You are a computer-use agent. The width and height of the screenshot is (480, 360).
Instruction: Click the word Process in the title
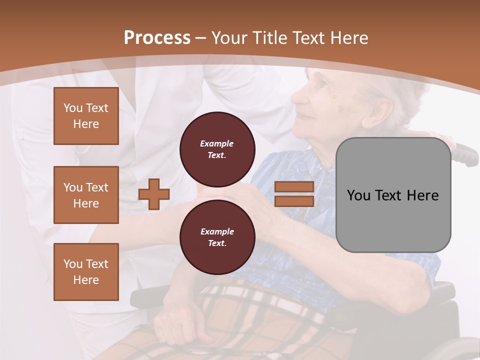(x=157, y=37)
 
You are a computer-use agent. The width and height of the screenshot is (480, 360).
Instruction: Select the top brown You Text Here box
(x=86, y=116)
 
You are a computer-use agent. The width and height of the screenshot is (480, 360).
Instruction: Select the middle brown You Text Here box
(x=86, y=195)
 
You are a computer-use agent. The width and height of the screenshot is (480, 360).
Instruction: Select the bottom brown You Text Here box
(x=86, y=272)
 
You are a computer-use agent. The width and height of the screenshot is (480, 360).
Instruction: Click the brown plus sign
(x=154, y=194)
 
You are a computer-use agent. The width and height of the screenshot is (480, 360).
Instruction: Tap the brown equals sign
(x=294, y=194)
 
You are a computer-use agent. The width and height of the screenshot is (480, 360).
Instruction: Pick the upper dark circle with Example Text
(x=217, y=149)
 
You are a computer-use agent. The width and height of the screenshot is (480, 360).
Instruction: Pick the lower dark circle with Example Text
(x=217, y=237)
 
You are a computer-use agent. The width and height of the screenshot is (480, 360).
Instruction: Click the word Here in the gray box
(x=422, y=195)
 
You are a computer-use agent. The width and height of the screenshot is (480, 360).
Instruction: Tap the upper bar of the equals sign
(x=294, y=186)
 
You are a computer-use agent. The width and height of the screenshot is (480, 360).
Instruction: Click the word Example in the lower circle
(x=217, y=231)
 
